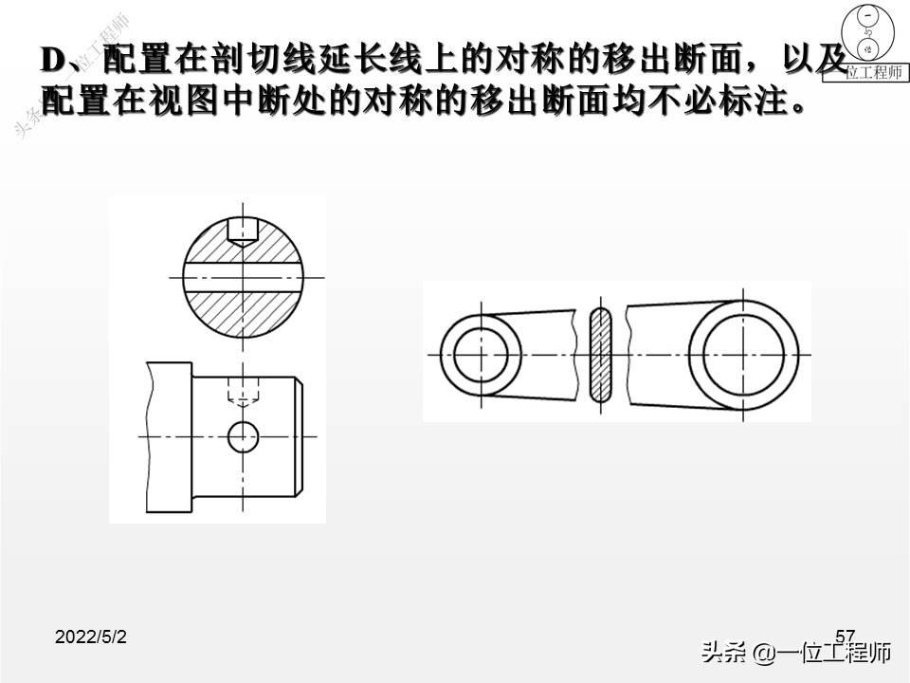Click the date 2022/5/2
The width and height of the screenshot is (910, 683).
(x=91, y=637)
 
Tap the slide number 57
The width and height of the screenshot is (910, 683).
(x=845, y=636)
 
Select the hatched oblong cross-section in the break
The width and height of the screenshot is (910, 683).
(x=601, y=355)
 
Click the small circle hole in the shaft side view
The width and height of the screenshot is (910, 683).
(x=243, y=436)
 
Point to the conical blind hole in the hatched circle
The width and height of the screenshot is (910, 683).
(x=243, y=231)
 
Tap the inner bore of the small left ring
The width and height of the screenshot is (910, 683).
(x=481, y=355)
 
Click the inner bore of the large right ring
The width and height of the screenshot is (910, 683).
(x=743, y=355)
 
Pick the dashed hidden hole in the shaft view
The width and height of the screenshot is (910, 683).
(x=243, y=390)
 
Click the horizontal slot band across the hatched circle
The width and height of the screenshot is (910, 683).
(x=244, y=278)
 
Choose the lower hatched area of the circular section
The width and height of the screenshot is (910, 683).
(x=244, y=314)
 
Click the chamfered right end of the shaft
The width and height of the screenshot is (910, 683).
(x=298, y=436)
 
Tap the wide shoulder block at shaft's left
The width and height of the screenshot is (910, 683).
(x=169, y=437)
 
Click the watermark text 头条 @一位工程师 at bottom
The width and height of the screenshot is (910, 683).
(x=795, y=653)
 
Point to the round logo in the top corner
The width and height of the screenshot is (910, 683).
(x=868, y=32)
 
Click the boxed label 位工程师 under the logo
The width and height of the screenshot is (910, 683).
(x=865, y=72)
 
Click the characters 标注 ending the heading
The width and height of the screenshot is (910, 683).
(x=751, y=102)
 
